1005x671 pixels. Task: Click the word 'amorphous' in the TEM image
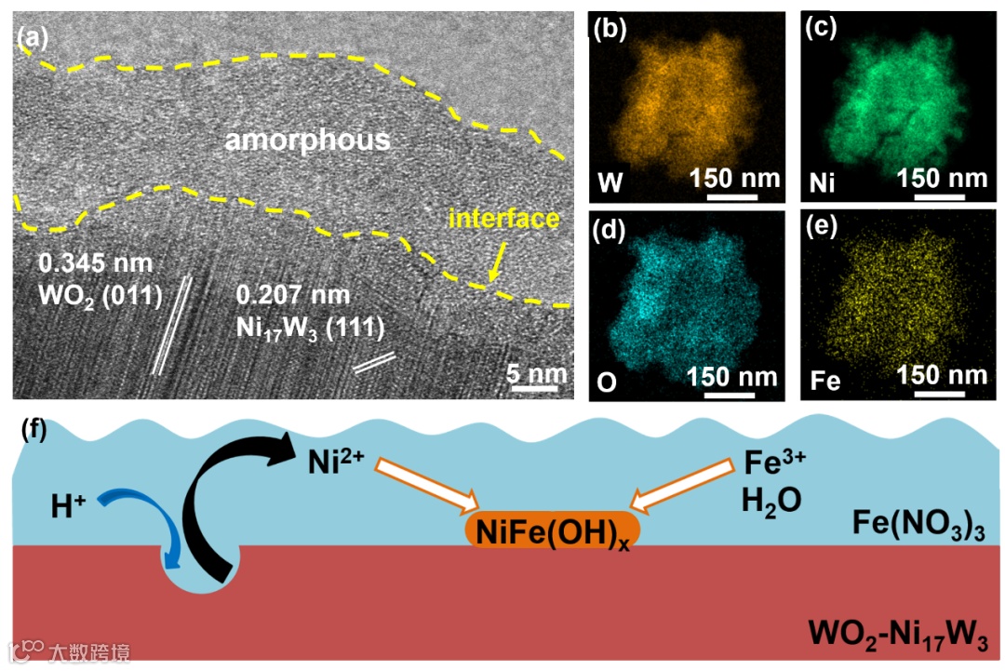pos(307,141)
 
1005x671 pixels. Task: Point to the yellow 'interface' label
pos(503,219)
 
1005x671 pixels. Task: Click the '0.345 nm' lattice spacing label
pos(90,263)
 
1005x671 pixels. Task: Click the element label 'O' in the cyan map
pos(606,380)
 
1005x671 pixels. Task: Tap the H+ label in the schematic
pos(67,506)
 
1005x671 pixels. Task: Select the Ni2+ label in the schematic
pos(336,460)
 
